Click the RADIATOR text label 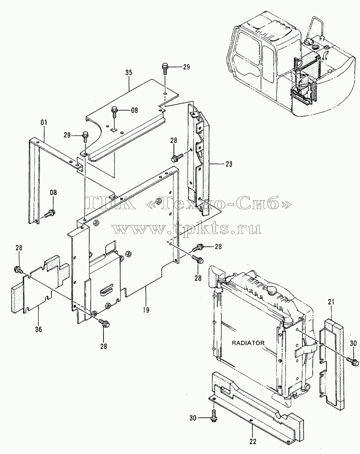(248, 343)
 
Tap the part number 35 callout (129, 72)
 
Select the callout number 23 (228, 164)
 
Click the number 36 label (38, 329)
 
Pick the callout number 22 (252, 442)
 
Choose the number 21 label (331, 302)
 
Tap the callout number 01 (44, 123)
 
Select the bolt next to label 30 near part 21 (352, 360)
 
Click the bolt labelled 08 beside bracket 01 (50, 214)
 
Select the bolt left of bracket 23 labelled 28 (177, 158)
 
